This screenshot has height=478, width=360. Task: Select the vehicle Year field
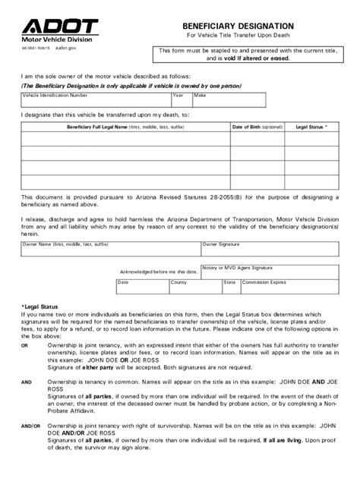182,101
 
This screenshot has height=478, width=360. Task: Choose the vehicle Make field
229,101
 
